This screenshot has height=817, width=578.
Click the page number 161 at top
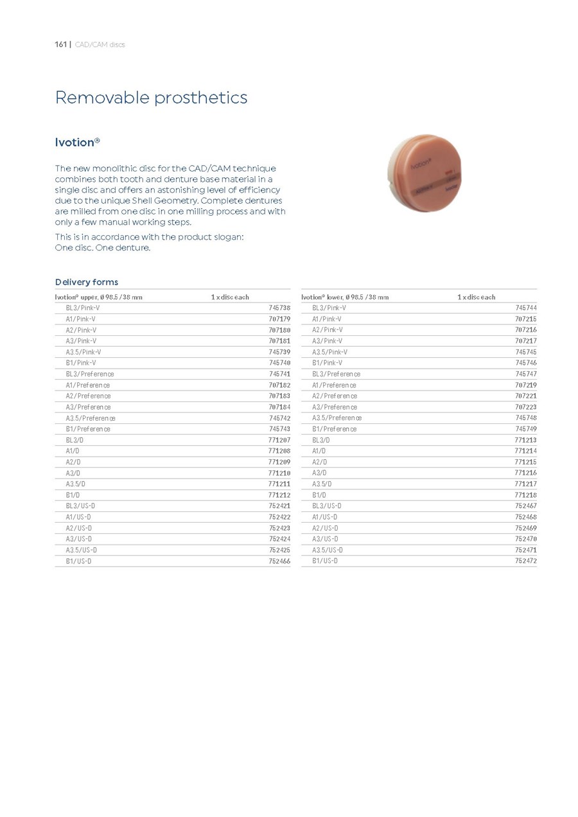pos(62,44)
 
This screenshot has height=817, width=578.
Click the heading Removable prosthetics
pos(151,98)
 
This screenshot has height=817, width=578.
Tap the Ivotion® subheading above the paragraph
pos(77,142)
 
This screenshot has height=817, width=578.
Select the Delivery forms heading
pos(86,282)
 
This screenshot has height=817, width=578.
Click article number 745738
pos(279,308)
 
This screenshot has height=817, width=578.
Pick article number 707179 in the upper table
pos(279,319)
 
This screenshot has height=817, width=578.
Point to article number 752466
pos(279,561)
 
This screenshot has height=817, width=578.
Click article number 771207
pos(279,440)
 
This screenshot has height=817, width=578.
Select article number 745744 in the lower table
pos(526,308)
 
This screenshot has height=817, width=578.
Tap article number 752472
pos(526,561)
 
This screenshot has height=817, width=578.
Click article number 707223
pos(526,407)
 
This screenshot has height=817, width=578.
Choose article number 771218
pos(526,495)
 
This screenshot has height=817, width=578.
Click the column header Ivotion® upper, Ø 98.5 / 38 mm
pos(98,297)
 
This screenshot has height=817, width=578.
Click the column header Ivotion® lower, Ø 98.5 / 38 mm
pos(345,297)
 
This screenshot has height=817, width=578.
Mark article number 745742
pos(279,418)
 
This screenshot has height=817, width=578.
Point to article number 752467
pos(526,506)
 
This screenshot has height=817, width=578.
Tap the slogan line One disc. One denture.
pos(103,248)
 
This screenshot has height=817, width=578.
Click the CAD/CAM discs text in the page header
pos(100,44)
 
